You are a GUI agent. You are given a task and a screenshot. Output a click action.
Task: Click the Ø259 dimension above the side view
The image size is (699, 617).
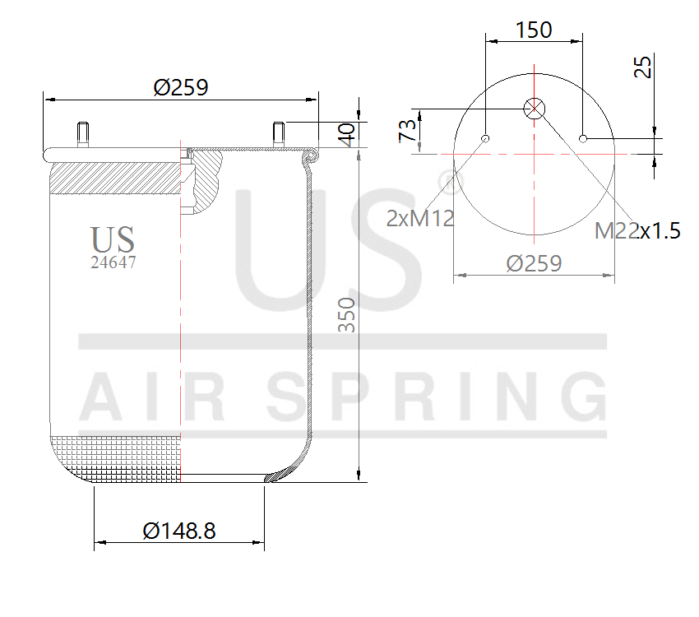click(x=181, y=87)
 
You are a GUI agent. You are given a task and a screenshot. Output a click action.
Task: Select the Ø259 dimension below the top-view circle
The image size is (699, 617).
click(x=534, y=263)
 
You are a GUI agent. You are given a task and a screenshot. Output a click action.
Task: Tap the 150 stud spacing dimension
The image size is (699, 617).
click(x=534, y=30)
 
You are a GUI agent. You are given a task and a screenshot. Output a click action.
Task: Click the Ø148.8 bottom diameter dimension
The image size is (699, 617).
click(x=179, y=531)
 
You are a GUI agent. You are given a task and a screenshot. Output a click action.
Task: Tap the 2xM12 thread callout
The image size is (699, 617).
click(x=420, y=218)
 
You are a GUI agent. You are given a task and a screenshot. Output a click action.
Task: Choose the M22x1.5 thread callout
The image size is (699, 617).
click(x=637, y=231)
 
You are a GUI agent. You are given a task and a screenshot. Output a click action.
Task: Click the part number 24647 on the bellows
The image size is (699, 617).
click(x=113, y=263)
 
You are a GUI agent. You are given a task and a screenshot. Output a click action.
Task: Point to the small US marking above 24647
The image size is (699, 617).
click(x=113, y=239)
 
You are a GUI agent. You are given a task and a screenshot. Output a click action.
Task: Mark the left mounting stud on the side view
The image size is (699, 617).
click(x=83, y=134)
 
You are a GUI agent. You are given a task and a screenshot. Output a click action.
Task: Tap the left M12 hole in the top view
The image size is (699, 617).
click(x=486, y=139)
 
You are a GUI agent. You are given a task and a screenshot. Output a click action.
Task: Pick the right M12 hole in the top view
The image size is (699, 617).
click(x=583, y=139)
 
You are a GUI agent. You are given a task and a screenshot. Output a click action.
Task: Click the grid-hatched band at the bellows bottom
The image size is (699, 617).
click(x=115, y=457)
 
